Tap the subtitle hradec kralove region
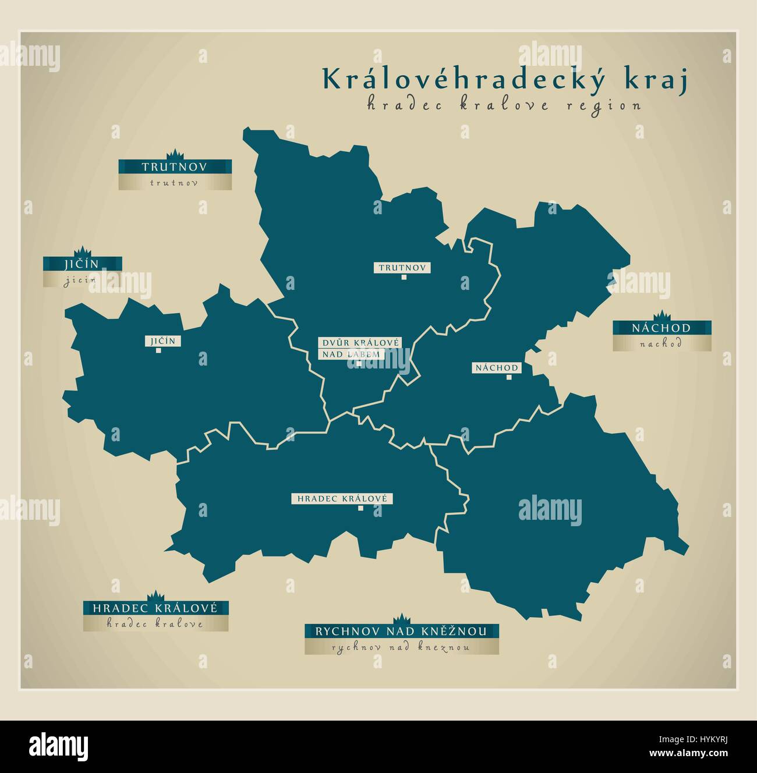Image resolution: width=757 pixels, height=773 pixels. click(504, 105)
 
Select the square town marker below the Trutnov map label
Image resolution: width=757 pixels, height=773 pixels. click(403, 278)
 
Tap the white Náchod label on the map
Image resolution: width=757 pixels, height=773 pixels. click(497, 368)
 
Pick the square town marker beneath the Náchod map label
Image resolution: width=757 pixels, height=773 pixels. click(508, 377)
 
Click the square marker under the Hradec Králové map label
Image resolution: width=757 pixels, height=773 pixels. click(360, 509)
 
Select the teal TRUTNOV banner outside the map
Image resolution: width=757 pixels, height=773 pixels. click(175, 167)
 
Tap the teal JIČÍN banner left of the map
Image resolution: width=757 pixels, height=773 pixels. click(82, 264)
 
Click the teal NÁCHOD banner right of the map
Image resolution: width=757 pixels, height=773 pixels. click(661, 328)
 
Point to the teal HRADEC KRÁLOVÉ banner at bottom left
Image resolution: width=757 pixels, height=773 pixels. click(155, 608)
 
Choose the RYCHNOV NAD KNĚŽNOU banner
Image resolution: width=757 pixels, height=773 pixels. click(401, 631)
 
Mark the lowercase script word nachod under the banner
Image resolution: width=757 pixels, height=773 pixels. click(661, 343)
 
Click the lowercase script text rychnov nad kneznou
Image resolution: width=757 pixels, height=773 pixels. click(401, 647)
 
